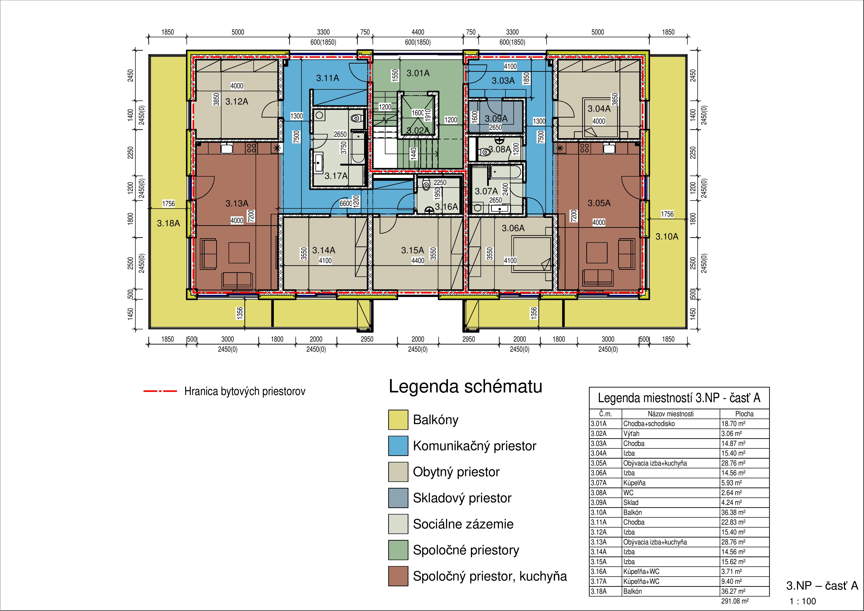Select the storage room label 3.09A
pos(496,119)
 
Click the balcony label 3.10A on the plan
pos(667,236)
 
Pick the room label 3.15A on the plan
pos(412,250)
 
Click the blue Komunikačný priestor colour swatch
pos(398,446)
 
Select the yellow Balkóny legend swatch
pos(398,420)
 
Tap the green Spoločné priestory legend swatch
pos(398,550)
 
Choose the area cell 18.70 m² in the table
pos(733,424)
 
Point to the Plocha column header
pos(744,414)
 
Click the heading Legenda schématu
pos(466,387)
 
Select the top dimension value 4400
pos(418,32)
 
